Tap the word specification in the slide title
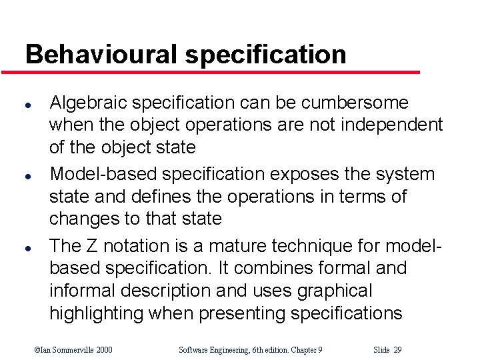266,55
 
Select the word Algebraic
88,103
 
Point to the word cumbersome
355,103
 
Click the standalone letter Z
92,245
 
